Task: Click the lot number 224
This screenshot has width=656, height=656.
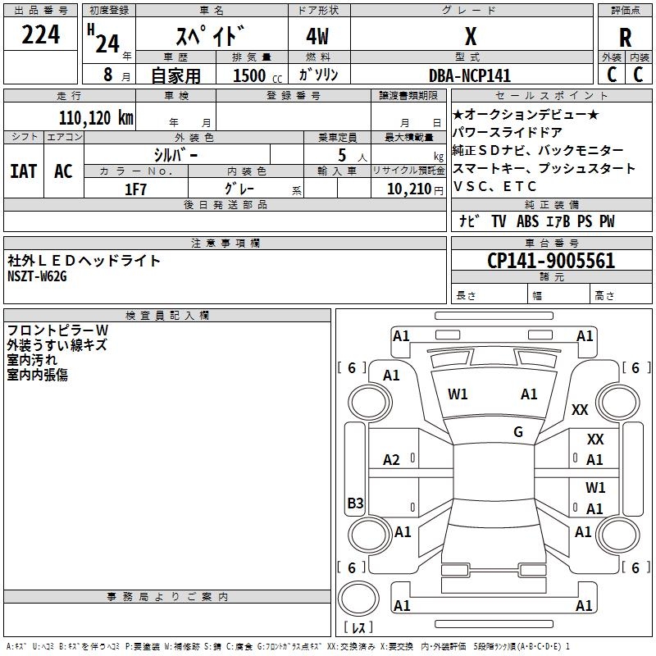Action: point(41,35)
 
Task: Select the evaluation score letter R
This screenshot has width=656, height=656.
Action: point(625,37)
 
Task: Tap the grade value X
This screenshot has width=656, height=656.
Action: point(471,37)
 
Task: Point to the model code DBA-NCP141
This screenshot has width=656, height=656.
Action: point(470,75)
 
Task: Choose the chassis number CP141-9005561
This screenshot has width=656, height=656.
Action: point(551,261)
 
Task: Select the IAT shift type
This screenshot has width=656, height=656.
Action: point(23,171)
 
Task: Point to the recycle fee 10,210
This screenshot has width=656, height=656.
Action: point(412,189)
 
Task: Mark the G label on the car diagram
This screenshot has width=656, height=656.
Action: point(518,431)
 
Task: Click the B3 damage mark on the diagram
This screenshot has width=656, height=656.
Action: point(355,503)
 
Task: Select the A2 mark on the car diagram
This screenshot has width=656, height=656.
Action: point(392,460)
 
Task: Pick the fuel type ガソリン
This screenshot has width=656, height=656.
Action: point(319,75)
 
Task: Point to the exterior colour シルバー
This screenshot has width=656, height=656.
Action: point(175,154)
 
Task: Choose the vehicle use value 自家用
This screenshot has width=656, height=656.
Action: point(175,75)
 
